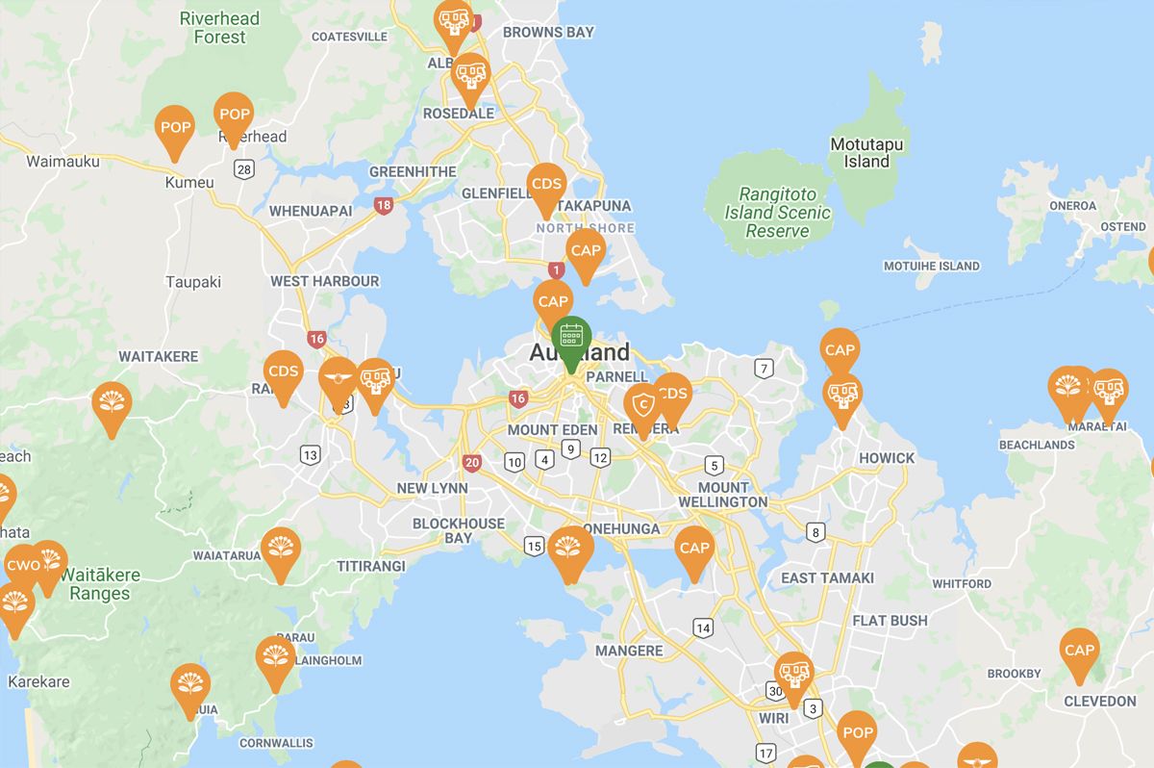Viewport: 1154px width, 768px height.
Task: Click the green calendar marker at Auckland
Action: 572,337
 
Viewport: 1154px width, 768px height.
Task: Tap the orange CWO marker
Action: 23,565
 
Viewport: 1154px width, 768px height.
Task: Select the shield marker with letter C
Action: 643,406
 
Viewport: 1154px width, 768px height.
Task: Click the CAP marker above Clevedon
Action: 1079,651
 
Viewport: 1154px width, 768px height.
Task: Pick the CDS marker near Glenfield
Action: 546,185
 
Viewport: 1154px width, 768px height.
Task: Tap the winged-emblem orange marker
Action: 339,378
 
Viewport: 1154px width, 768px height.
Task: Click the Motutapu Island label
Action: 866,153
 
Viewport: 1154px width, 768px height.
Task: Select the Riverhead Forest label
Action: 219,27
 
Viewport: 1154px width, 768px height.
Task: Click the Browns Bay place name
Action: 548,32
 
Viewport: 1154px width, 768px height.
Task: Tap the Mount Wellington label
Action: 723,495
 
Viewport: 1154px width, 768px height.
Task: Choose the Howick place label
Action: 887,458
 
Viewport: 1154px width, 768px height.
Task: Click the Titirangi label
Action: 370,566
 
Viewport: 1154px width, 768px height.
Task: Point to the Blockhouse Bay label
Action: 459,530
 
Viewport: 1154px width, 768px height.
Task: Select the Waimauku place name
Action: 63,162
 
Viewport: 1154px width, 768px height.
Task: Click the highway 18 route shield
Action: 385,205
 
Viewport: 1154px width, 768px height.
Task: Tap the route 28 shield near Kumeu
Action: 243,170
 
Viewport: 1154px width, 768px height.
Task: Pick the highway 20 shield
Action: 471,463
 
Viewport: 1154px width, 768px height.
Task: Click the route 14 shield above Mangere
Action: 704,628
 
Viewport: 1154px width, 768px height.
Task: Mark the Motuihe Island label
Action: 931,267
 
